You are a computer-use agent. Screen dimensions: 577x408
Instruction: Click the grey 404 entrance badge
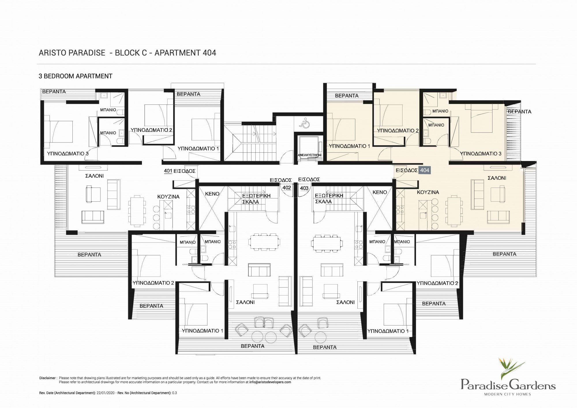425,170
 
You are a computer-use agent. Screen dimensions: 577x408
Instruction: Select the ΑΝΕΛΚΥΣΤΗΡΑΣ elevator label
310,155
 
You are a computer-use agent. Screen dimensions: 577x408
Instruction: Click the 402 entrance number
286,188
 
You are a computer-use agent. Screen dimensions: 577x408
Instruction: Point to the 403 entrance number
304,188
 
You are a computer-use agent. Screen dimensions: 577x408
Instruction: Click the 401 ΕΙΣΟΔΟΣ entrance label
179,171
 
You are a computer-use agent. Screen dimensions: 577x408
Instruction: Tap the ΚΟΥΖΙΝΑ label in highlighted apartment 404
428,192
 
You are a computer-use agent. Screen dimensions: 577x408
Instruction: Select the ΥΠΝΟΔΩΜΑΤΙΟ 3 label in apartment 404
481,154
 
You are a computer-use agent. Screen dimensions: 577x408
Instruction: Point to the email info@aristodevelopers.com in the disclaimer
270,382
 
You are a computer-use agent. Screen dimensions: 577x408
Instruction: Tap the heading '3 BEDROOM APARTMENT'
75,76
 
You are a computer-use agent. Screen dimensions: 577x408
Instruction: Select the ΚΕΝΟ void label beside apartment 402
212,194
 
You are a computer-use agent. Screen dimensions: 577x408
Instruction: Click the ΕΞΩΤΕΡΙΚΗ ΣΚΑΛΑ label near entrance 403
329,199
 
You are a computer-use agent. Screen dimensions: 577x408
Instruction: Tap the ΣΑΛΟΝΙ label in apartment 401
94,176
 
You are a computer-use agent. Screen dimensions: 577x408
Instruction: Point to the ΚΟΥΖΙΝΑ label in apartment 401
168,197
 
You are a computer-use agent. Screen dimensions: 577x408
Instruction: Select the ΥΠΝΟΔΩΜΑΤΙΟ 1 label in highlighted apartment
349,146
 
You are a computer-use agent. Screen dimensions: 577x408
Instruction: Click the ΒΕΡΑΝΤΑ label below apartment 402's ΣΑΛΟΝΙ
252,346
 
